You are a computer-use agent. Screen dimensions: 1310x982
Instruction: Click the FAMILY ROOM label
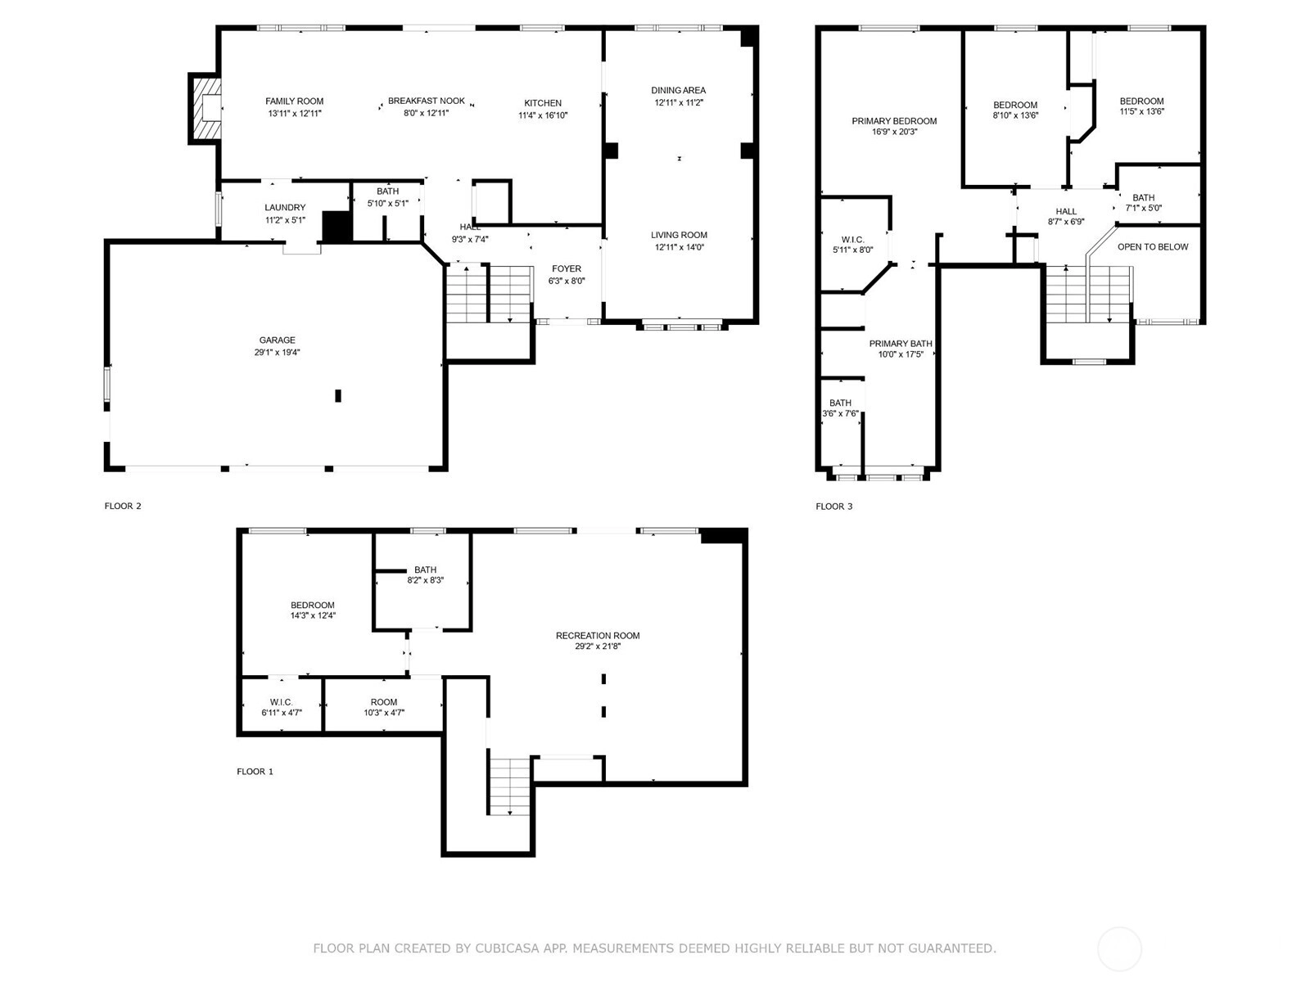294,101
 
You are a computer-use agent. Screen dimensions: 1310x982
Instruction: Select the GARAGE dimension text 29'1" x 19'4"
277,353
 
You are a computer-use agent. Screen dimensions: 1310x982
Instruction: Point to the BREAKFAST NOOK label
426,101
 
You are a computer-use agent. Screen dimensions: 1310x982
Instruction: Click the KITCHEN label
543,103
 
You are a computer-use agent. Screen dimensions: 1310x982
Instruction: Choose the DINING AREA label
679,90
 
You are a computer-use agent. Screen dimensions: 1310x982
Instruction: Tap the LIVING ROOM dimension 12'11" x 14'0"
679,247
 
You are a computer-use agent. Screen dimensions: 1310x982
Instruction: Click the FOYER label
567,269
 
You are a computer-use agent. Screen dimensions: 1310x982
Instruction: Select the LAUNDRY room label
285,208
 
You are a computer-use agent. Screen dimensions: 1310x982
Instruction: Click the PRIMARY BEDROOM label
894,121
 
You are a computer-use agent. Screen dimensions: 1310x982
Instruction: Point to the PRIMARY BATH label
901,344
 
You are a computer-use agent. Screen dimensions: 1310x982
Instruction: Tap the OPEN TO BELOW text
1153,247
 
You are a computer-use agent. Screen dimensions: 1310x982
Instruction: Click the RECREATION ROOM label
598,636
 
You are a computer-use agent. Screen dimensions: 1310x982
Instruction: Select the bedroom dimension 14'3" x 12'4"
313,615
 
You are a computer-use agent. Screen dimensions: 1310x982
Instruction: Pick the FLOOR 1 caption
255,772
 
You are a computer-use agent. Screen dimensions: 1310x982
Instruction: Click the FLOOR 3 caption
833,507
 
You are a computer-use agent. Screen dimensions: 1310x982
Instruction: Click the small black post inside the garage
338,395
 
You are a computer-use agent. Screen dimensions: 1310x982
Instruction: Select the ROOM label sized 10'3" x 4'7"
384,702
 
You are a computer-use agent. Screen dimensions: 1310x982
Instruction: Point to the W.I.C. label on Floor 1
281,702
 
